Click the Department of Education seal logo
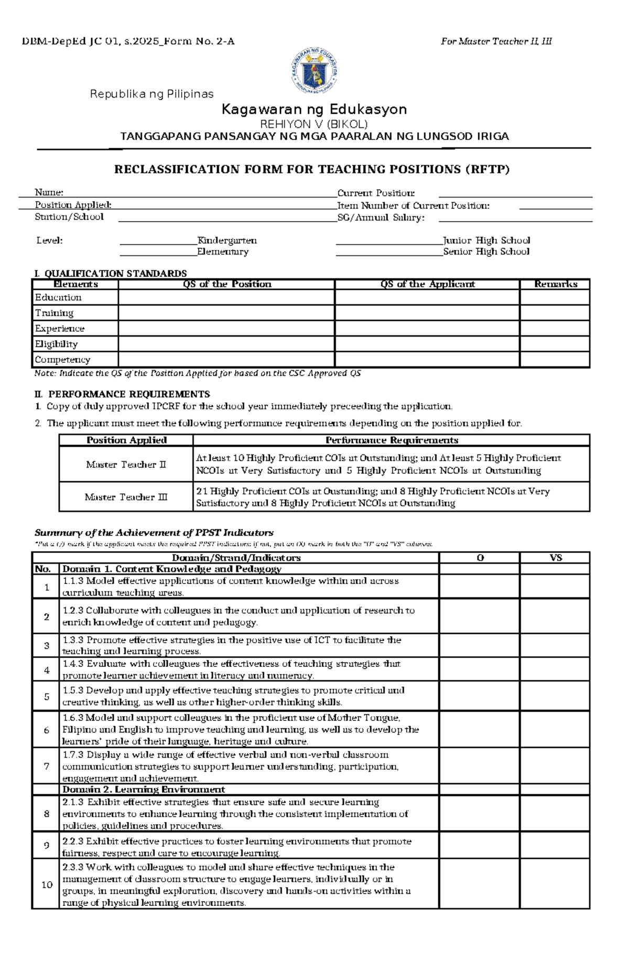click(x=314, y=72)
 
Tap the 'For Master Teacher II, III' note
click(x=496, y=41)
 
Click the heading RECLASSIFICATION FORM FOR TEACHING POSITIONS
click(x=312, y=169)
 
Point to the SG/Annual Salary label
click(x=381, y=218)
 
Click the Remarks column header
click(x=555, y=284)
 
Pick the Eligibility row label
click(x=56, y=344)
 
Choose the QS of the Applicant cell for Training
click(x=427, y=313)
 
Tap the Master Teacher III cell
click(x=126, y=497)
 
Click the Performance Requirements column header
click(x=391, y=440)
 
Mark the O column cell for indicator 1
click(x=479, y=587)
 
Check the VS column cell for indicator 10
click(x=555, y=884)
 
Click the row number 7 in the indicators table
click(x=47, y=766)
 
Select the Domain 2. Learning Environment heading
click(x=144, y=790)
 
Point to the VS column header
click(x=555, y=558)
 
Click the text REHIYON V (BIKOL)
click(x=314, y=124)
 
